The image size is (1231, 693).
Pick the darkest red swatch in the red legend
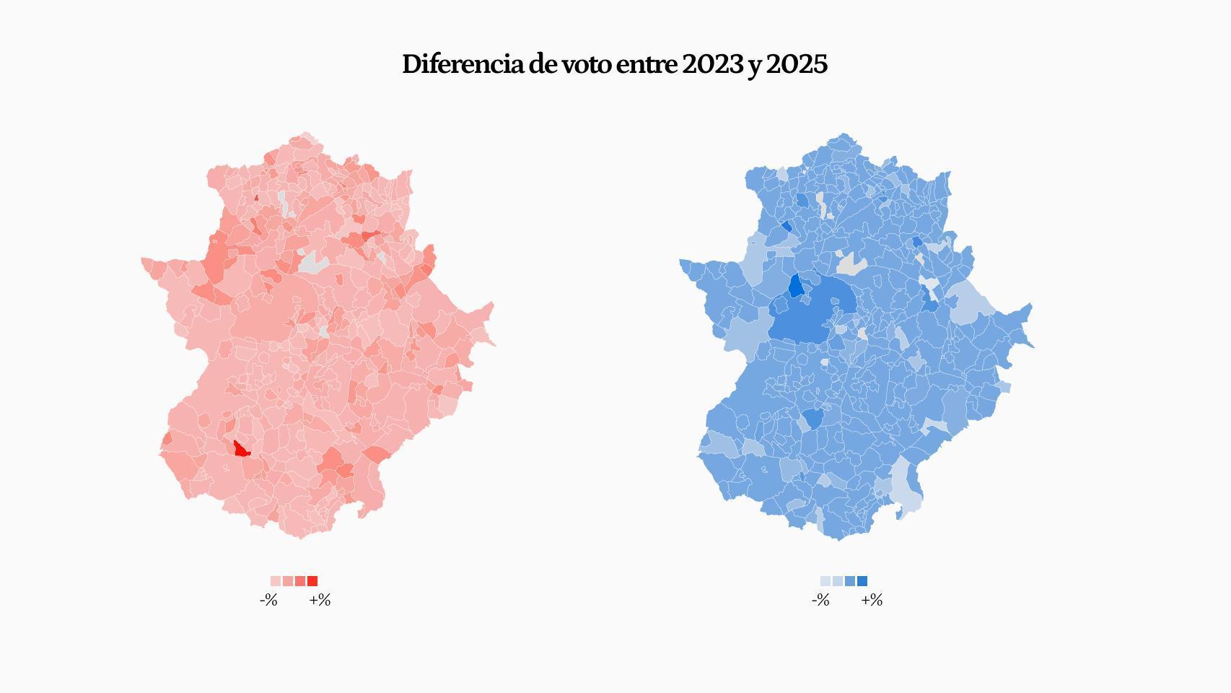[312, 581]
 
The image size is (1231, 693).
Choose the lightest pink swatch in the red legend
[276, 581]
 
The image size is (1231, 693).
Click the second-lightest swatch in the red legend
[288, 581]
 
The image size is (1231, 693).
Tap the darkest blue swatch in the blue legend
[862, 581]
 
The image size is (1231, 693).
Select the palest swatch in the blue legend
[825, 581]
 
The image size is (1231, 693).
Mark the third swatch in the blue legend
[850, 581]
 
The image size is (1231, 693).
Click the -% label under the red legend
[268, 601]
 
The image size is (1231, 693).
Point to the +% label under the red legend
[320, 601]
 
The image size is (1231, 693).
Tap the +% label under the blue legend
[872, 601]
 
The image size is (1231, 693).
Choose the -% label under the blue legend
[820, 601]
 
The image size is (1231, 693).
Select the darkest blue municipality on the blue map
[795, 286]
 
